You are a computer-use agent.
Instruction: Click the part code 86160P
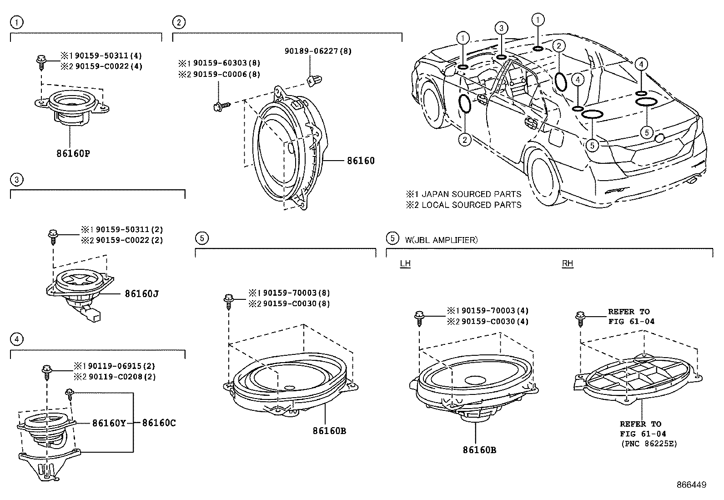[73, 153]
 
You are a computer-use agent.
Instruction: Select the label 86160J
[142, 293]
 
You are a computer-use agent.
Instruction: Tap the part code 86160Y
[109, 423]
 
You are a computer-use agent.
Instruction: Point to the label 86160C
[159, 423]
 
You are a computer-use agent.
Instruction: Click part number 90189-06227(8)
[318, 51]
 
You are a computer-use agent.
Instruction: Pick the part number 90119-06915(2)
[121, 366]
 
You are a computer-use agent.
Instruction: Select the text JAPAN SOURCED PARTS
[471, 194]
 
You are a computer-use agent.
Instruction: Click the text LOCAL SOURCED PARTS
[472, 205]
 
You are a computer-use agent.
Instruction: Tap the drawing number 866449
[692, 485]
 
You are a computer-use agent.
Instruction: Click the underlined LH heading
[405, 263]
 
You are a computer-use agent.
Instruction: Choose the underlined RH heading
[568, 263]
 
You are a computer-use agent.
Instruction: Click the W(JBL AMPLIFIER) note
[441, 240]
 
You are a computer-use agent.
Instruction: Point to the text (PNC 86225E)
[649, 444]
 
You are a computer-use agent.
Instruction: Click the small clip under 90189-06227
[314, 80]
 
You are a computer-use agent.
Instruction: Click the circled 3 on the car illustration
[501, 28]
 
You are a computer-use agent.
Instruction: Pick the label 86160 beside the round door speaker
[361, 161]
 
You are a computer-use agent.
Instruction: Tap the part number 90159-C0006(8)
[226, 74]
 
